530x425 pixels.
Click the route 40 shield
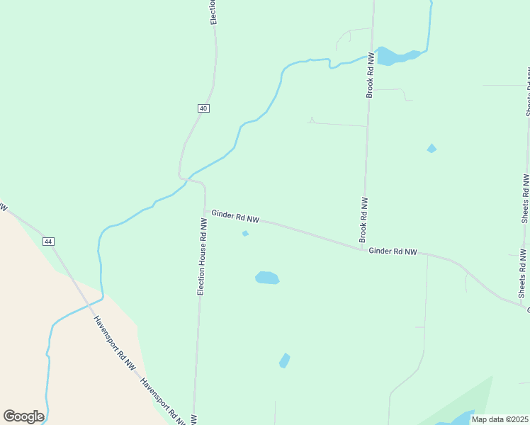203,108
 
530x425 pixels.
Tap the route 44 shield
48,242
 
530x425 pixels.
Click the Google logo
23,416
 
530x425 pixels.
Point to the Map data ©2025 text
500,419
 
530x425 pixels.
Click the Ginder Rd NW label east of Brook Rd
393,251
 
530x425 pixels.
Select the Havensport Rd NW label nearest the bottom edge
163,402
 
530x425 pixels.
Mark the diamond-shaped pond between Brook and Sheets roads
432,148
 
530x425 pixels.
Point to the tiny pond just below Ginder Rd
245,233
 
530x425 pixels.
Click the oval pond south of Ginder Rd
267,278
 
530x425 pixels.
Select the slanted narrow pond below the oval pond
284,361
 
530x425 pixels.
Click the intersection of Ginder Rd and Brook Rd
363,249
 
